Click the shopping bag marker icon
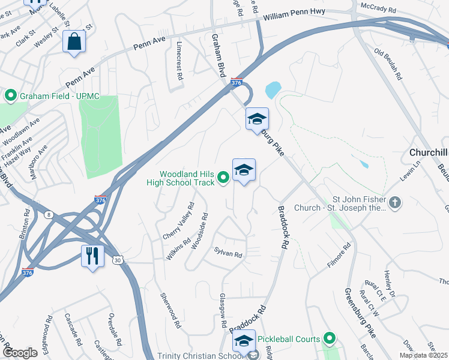pos(74,42)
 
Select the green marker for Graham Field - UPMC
pos(10,95)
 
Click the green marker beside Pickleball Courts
pos(328,339)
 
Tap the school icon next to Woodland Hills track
pos(244,170)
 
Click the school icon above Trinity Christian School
pos(244,341)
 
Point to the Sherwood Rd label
pos(170,310)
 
